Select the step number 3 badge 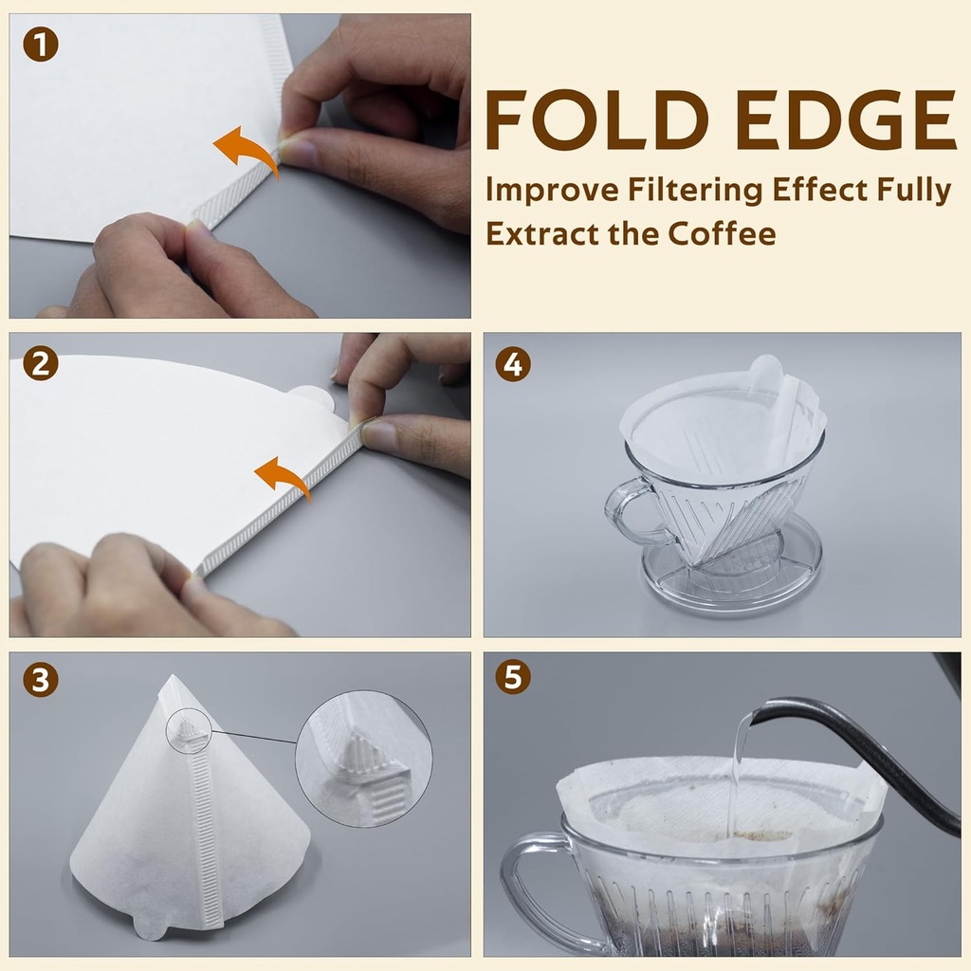pyautogui.click(x=41, y=680)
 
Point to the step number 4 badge pyautogui.click(x=513, y=364)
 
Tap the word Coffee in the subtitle pyautogui.click(x=722, y=234)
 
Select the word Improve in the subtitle pyautogui.click(x=552, y=191)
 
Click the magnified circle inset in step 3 pyautogui.click(x=363, y=758)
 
